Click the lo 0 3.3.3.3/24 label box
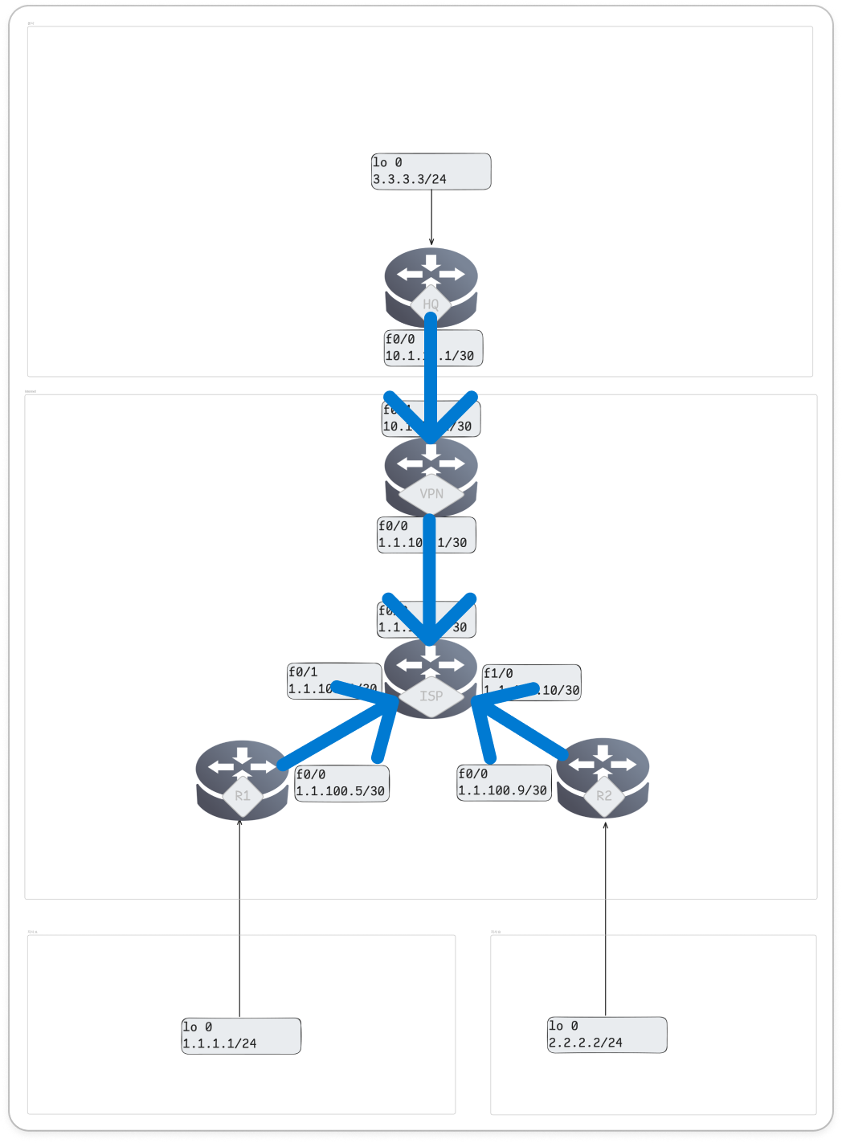point(431,171)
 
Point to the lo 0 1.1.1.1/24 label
point(241,1035)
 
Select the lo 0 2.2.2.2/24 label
point(607,1035)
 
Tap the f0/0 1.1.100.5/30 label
point(341,783)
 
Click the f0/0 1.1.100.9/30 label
point(504,783)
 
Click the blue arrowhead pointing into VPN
point(431,426)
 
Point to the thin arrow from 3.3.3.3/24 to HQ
point(431,217)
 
